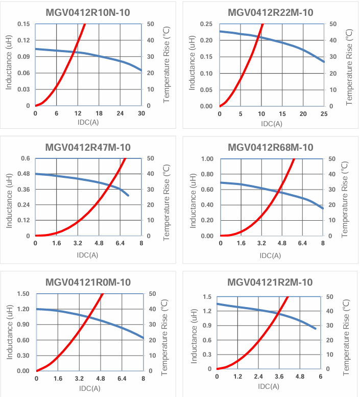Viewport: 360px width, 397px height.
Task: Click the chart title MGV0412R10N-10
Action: [x=88, y=12]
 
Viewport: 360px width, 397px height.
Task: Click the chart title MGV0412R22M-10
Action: [x=271, y=12]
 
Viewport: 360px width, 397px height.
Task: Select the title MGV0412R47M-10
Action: [x=88, y=148]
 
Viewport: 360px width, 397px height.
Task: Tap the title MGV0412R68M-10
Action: [x=271, y=148]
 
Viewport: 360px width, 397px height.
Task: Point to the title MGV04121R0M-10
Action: [x=88, y=282]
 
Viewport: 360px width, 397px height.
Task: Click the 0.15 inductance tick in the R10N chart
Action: [x=23, y=24]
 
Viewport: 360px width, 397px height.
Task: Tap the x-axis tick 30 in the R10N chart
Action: [x=141, y=113]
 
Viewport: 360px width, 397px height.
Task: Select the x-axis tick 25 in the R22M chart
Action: [x=324, y=114]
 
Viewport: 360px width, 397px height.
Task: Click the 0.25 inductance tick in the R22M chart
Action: [x=206, y=24]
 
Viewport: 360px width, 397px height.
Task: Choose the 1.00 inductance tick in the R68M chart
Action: [x=206, y=159]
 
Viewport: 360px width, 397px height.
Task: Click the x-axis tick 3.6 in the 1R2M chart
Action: [x=279, y=377]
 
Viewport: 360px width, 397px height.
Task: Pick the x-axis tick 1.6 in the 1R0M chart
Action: [x=58, y=379]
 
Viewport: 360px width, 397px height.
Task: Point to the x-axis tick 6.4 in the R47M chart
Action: [x=120, y=244]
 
